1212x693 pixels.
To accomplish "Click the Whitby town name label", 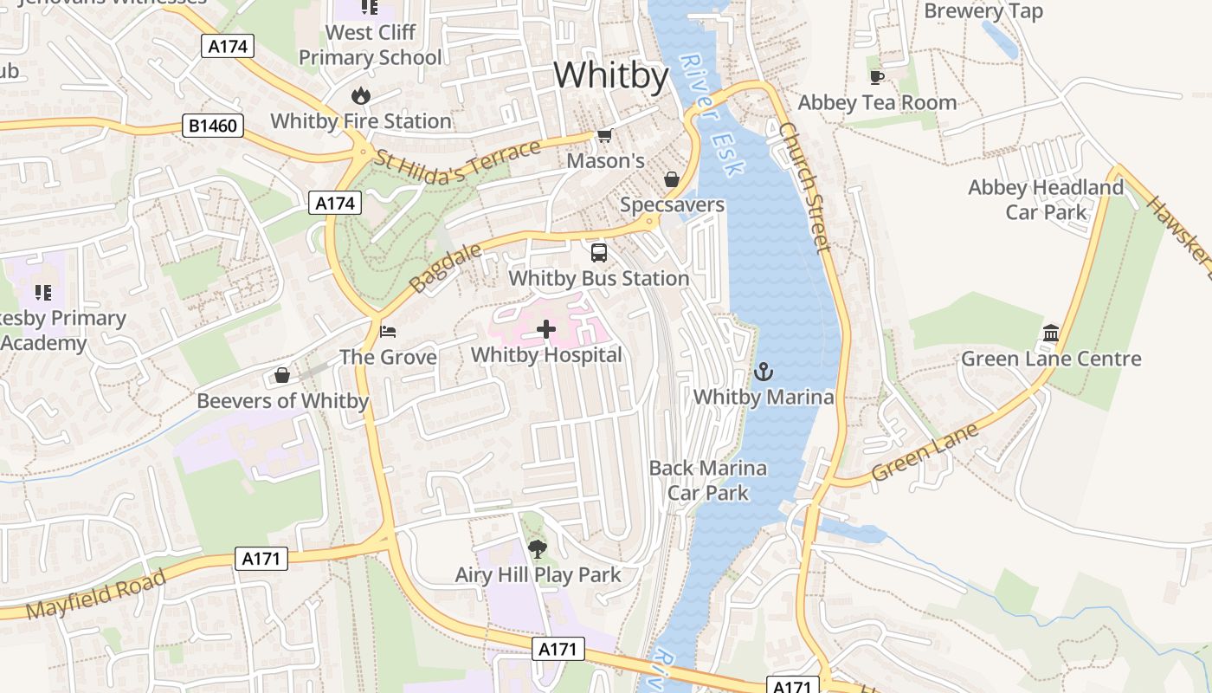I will pos(611,76).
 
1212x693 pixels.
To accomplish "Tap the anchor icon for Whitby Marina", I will pos(763,372).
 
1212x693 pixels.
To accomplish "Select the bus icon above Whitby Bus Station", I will pos(599,253).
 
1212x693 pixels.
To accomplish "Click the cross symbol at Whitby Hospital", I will pos(546,329).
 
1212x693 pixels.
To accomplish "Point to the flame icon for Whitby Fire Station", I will pos(361,95).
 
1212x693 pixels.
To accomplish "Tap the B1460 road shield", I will pos(213,126).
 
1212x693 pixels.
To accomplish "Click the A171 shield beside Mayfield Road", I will pos(261,559).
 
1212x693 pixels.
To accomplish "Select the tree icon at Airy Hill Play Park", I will pos(538,548).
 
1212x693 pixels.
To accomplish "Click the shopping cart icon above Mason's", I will pos(605,135).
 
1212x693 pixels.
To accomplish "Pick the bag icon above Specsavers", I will pos(672,179).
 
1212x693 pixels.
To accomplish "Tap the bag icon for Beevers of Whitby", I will pos(282,375).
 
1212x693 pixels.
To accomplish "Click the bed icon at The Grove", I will pos(388,331).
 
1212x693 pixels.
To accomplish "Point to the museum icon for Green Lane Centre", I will pos(1051,333).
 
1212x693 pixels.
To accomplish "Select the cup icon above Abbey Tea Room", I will pos(877,77).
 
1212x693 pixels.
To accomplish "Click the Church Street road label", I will pos(804,186).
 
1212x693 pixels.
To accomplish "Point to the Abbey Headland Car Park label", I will pos(1046,199).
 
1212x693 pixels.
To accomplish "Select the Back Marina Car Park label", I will pos(708,480).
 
